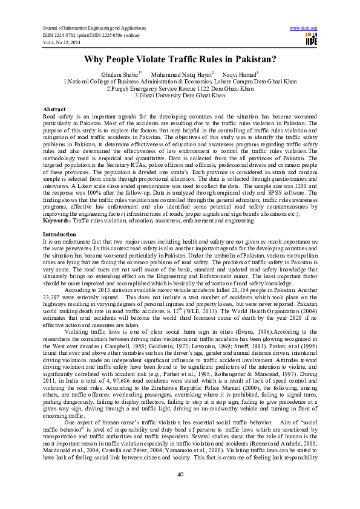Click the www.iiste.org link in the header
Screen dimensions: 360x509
(x=304, y=28)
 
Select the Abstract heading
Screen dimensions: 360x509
(x=54, y=108)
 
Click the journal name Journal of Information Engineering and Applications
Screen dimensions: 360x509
(x=94, y=28)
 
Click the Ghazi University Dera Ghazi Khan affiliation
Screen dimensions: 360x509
(x=180, y=95)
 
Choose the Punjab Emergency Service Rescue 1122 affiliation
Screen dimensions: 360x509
(x=180, y=88)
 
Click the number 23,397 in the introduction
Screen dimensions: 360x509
(x=53, y=296)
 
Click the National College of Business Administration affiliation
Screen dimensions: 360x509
(x=180, y=80)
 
